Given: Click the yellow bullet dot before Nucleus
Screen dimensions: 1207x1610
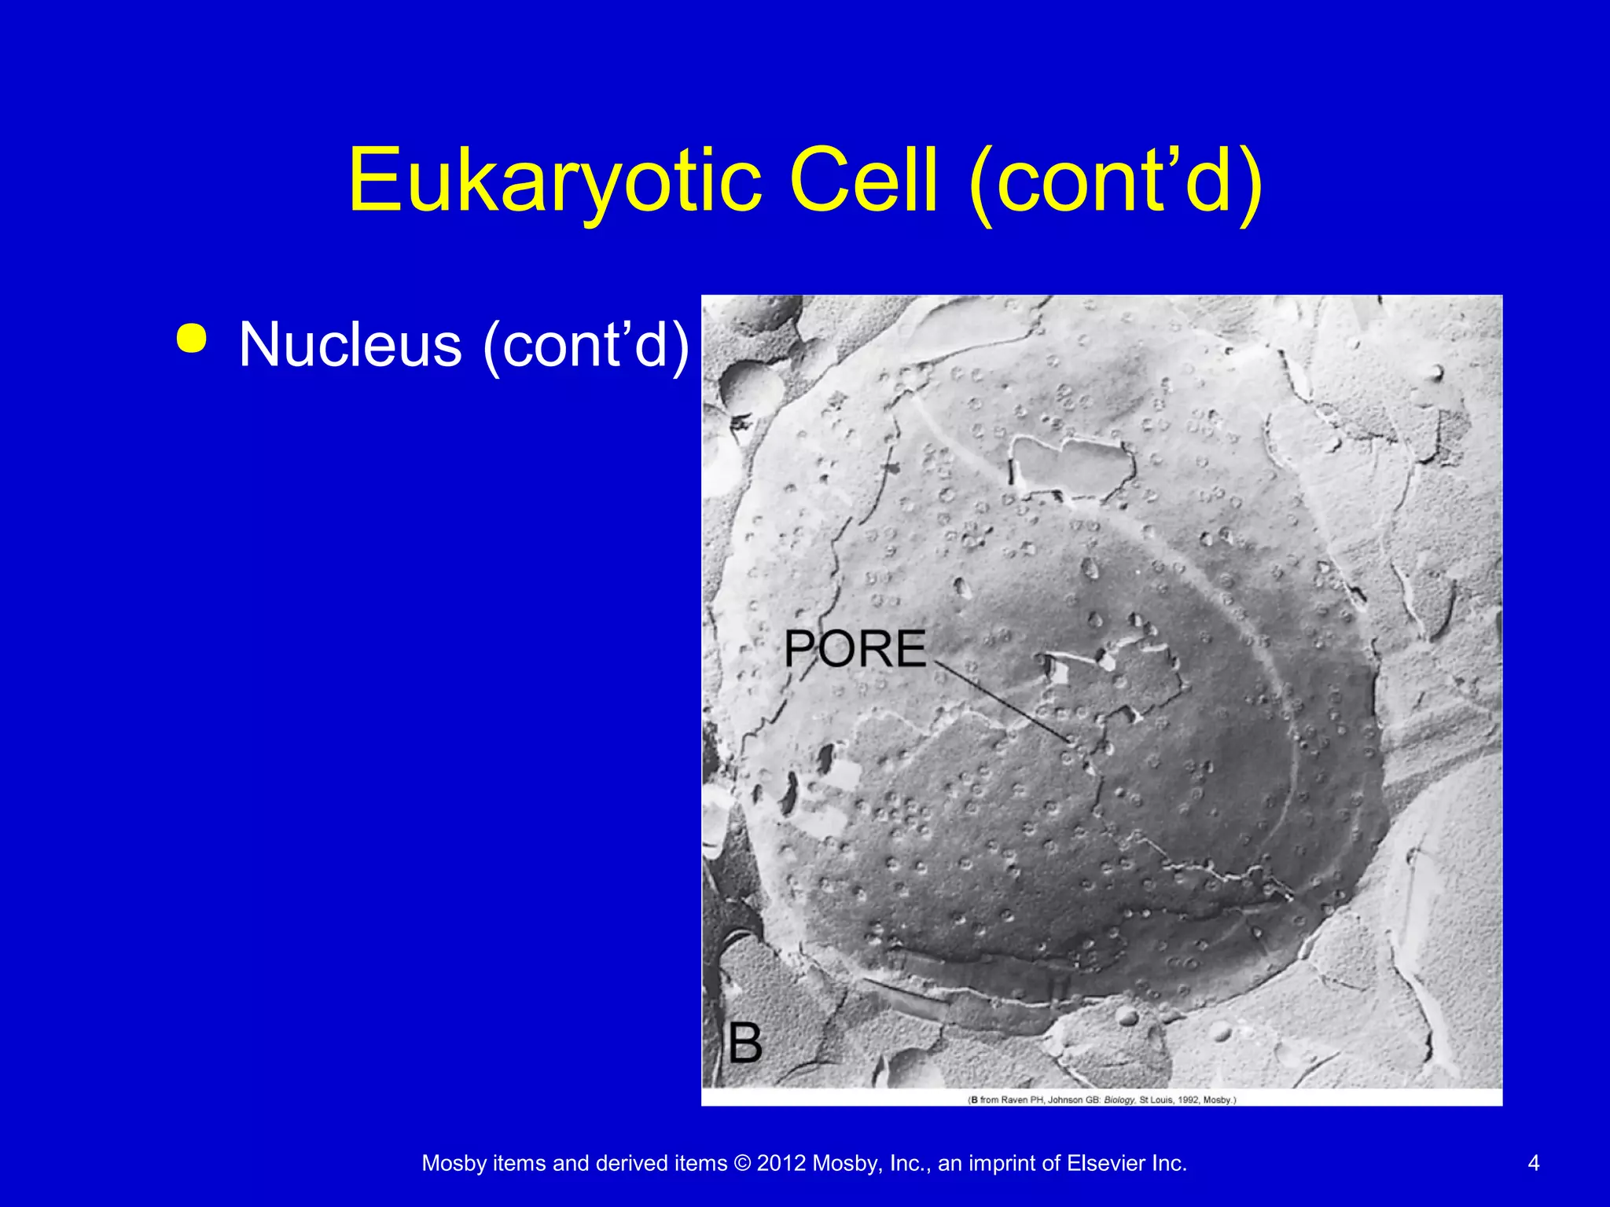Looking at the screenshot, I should pyautogui.click(x=192, y=339).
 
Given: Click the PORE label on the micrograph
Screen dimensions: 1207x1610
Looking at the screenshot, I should pyautogui.click(x=855, y=649).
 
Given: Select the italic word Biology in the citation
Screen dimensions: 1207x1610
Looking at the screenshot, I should pyautogui.click(x=1119, y=1100).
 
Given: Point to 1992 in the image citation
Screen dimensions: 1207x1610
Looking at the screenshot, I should pyautogui.click(x=1187, y=1100).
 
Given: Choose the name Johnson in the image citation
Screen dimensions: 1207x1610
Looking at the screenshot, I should pyautogui.click(x=1065, y=1100).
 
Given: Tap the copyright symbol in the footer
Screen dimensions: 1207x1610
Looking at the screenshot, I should pyautogui.click(x=742, y=1163).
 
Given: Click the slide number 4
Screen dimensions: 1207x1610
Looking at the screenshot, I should pyautogui.click(x=1533, y=1163).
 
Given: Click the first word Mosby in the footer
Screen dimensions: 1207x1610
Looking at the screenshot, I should pyautogui.click(x=454, y=1163).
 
